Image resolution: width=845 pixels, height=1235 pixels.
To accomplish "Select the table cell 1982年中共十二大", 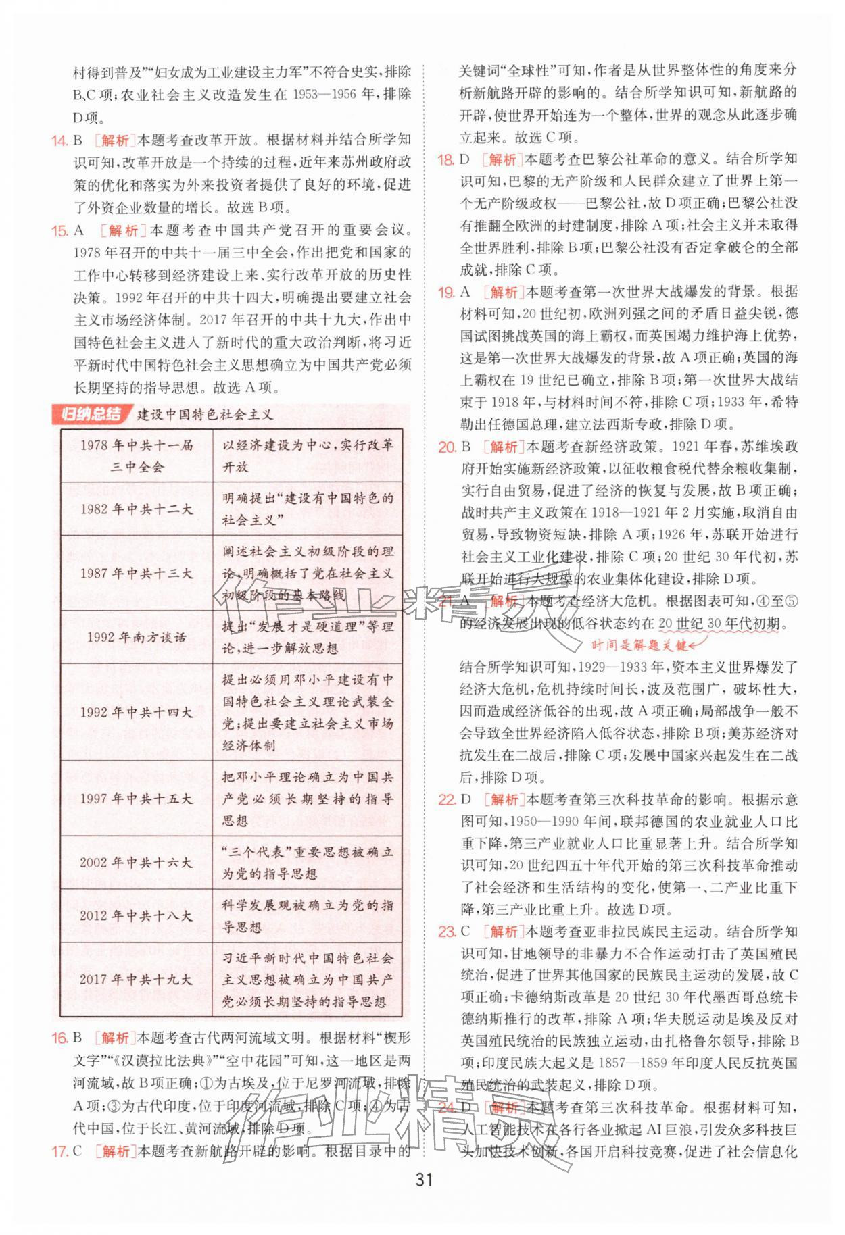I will (136, 509).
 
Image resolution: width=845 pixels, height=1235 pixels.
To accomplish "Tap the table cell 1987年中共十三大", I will (136, 574).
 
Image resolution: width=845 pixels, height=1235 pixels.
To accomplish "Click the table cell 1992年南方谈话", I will (136, 637).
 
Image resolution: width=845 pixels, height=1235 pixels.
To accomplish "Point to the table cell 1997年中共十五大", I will (136, 799).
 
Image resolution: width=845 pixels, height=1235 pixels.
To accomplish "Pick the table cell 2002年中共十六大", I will (136, 863).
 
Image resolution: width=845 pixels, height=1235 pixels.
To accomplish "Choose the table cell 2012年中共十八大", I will (136, 916).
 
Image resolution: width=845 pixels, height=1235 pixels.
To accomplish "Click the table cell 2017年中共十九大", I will (136, 979).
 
